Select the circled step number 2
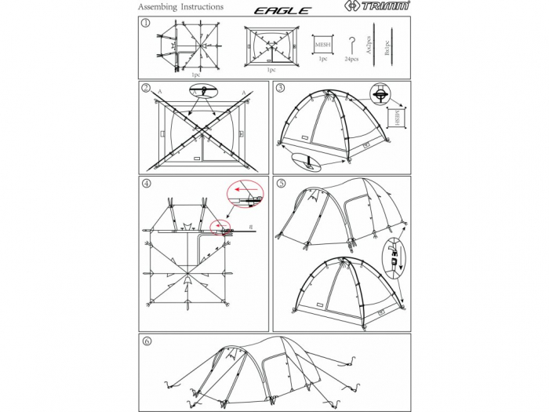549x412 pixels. point(146,88)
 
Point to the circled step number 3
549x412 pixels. point(280,88)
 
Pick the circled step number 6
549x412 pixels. point(146,341)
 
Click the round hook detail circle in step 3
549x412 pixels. point(380,94)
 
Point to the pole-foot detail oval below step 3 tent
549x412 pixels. point(307,161)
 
